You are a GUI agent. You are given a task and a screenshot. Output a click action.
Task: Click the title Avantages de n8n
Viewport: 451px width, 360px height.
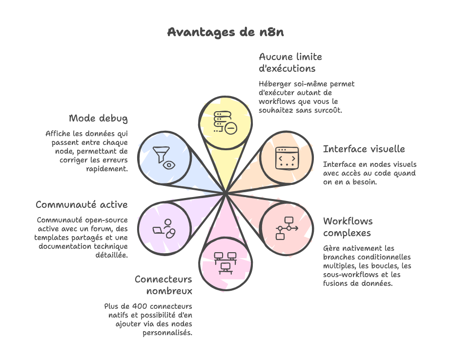coord(225,32)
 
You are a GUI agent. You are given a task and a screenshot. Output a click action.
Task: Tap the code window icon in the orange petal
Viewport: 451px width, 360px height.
coord(286,158)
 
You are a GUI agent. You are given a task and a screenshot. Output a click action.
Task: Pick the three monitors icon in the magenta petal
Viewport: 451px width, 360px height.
coord(225,262)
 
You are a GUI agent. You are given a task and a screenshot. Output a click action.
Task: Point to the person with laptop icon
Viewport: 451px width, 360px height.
coord(164,228)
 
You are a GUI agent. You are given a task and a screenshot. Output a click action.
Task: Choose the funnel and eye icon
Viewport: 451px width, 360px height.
coord(164,158)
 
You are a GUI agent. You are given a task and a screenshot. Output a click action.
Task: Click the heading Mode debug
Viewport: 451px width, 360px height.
coord(98,119)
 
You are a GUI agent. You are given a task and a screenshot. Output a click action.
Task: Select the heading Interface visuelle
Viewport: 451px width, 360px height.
coord(364,149)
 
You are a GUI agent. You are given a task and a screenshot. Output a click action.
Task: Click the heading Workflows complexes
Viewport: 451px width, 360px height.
coord(348,227)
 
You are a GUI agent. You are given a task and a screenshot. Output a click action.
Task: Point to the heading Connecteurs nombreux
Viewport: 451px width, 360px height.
coord(164,285)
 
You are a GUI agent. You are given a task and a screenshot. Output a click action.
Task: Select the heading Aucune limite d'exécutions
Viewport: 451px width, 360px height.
coord(290,62)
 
